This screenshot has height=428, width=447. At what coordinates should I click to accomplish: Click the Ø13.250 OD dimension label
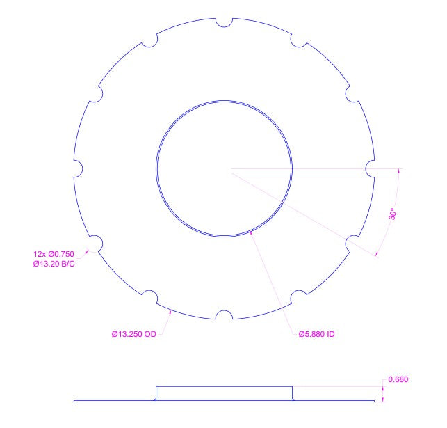point(134,334)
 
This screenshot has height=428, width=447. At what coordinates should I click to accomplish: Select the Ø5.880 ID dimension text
point(316,334)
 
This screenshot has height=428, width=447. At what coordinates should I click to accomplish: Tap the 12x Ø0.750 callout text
point(54,254)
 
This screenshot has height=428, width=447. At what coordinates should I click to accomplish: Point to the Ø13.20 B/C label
point(54,264)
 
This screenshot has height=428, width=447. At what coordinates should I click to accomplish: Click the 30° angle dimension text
point(393,214)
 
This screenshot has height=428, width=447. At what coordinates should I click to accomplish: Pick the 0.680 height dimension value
point(398,379)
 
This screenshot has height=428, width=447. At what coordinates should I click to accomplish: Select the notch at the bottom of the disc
point(224,315)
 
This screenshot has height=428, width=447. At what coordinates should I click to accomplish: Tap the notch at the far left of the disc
point(79,168)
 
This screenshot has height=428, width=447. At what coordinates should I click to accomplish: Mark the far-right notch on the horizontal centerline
point(370,168)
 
